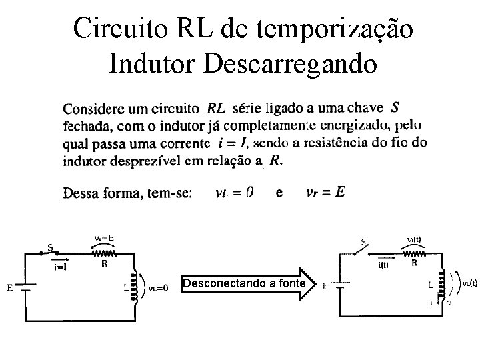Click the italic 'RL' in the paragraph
pyautogui.click(x=216, y=108)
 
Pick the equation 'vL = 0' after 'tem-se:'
pyautogui.click(x=233, y=193)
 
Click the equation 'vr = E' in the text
pyautogui.click(x=325, y=193)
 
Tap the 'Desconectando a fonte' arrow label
pyautogui.click(x=244, y=284)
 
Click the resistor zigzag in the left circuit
pyautogui.click(x=105, y=253)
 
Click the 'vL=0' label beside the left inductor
pyautogui.click(x=159, y=289)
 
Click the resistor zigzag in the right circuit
pyautogui.click(x=414, y=253)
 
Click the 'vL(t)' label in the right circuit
pyautogui.click(x=467, y=283)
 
